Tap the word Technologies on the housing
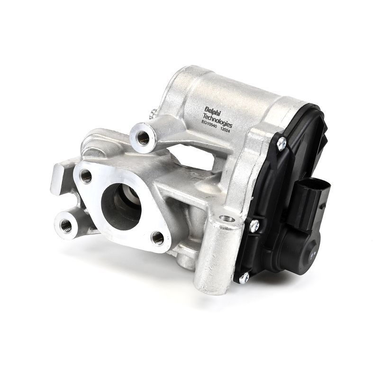click(217, 120)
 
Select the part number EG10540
click(209, 126)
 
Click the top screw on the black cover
click(281, 144)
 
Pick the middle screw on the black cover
click(254, 226)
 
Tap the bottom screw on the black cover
click(244, 279)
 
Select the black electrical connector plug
click(310, 200)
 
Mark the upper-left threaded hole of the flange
click(86, 176)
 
